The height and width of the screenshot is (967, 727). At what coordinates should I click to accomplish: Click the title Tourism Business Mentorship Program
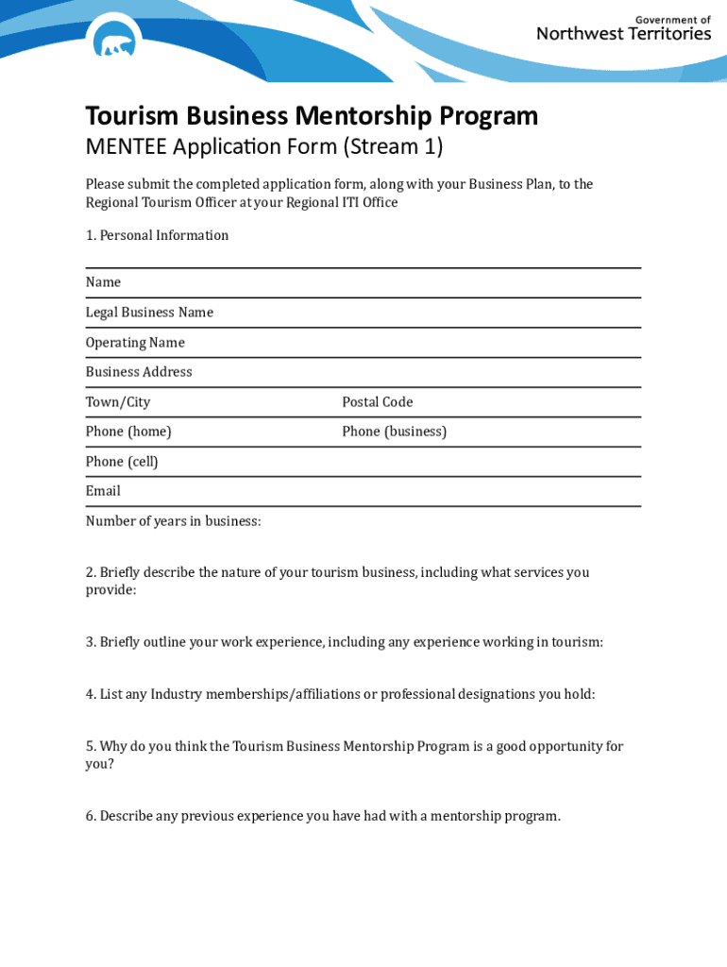(312, 116)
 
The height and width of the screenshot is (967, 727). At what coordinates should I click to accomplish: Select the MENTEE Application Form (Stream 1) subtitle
(263, 147)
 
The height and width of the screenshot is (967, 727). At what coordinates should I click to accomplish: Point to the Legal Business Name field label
(149, 313)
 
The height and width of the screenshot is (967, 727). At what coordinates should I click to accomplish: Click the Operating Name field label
(135, 343)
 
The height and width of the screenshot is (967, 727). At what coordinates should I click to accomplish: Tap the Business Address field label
(139, 372)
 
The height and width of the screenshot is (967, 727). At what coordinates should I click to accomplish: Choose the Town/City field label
(118, 402)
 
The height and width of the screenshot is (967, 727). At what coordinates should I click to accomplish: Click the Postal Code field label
(378, 402)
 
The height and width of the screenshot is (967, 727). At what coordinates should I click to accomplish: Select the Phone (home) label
(128, 432)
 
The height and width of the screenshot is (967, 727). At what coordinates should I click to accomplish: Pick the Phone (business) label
(394, 432)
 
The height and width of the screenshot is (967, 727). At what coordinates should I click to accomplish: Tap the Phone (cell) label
(122, 462)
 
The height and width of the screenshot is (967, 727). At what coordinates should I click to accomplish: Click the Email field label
(103, 491)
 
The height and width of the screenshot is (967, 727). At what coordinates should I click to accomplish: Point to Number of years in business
(173, 521)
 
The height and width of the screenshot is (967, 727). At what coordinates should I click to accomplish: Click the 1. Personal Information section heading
(157, 235)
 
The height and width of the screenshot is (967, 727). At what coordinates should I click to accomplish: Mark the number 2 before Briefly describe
(90, 572)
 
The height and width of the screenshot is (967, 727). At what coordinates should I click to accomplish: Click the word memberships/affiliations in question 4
(275, 694)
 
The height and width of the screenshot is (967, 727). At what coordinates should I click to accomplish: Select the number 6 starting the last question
(90, 816)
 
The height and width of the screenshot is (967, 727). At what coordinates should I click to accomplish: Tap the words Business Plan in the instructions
(510, 184)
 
